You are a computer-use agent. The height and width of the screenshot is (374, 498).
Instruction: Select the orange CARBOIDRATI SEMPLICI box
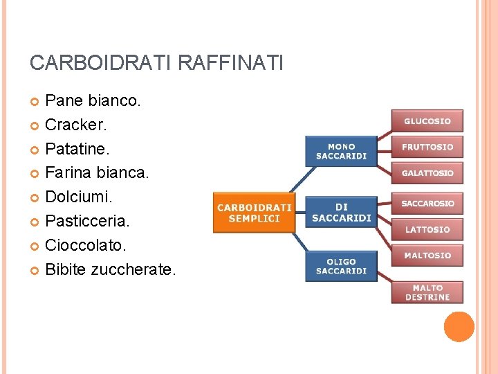tap(255, 212)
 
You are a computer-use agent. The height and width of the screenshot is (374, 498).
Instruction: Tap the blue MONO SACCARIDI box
tap(341, 151)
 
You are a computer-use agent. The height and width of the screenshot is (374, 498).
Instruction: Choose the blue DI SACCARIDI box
tap(341, 212)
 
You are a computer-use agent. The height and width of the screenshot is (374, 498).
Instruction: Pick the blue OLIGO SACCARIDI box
tap(341, 266)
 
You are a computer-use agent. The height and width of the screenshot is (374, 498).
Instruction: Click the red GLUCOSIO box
tap(427, 121)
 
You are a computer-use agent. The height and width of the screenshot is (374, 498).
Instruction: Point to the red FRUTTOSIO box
tap(427, 147)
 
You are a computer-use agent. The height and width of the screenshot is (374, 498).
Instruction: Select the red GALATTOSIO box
tap(427, 172)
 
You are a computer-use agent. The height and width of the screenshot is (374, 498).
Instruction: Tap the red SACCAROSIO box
tap(427, 204)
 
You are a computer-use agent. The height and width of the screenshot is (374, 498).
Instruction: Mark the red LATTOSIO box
tap(427, 229)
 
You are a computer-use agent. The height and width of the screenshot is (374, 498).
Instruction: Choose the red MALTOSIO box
tap(427, 256)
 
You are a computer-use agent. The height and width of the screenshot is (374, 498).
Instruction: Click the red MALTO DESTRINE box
tap(427, 292)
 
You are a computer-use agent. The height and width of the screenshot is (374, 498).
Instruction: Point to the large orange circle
tap(459, 327)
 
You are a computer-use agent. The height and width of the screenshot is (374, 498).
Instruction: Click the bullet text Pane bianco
tap(93, 101)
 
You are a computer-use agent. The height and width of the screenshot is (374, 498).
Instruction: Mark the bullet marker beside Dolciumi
tap(35, 198)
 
